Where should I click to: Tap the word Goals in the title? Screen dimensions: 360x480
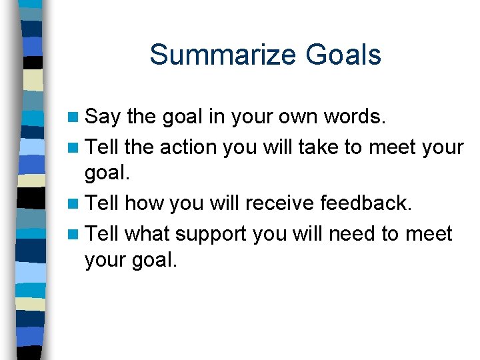point(343,55)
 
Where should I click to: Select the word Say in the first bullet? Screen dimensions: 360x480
point(103,117)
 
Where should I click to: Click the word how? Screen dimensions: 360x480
point(145,203)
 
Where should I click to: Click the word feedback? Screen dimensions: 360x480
point(371,203)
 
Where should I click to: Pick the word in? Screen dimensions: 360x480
point(215,117)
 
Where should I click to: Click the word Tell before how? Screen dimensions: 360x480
point(103,203)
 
